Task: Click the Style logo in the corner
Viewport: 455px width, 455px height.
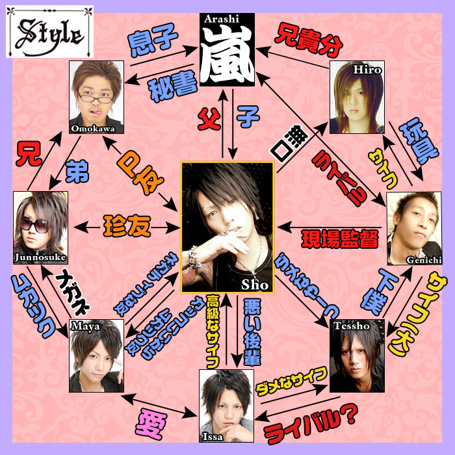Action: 49,31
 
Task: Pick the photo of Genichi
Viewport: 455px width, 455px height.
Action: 413,227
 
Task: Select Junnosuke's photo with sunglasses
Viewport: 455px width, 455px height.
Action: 40,227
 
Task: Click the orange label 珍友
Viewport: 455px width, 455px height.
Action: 127,227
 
